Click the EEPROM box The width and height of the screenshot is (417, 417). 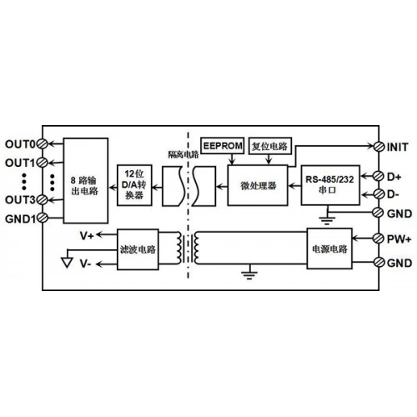(223, 145)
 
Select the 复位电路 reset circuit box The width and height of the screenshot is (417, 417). (269, 146)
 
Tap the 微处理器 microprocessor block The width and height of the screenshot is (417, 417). (258, 185)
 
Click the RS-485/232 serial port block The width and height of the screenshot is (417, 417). (330, 185)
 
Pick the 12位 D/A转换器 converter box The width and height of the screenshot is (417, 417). (134, 185)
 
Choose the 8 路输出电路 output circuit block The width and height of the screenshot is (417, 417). (86, 181)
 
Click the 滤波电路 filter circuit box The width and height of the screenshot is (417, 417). (138, 249)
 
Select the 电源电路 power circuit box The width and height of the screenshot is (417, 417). (329, 249)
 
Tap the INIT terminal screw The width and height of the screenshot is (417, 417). (379, 147)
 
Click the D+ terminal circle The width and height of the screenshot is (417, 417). (379, 176)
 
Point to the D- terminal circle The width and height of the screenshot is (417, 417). (379, 193)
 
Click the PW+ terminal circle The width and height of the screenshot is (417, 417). (379, 239)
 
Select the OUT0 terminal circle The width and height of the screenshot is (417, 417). (43, 144)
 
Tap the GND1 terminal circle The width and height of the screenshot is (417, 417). (43, 218)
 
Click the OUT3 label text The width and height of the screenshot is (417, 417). (20, 199)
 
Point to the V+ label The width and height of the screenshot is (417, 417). (87, 236)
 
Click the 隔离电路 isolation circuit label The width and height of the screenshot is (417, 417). (183, 154)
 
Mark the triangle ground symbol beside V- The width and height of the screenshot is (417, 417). (67, 263)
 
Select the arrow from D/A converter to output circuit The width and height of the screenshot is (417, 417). (113, 188)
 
